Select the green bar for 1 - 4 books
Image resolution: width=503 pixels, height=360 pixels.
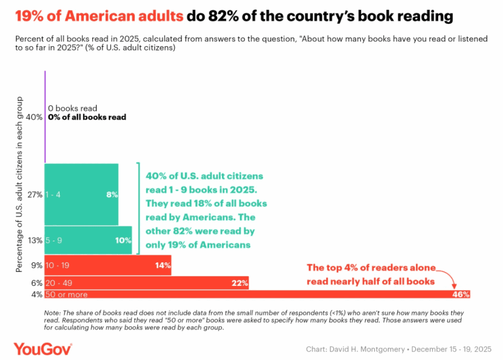coord(81,194)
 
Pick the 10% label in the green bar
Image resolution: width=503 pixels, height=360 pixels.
coord(124,241)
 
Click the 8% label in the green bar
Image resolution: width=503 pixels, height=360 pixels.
coord(112,194)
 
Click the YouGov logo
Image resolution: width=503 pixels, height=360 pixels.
coord(43,349)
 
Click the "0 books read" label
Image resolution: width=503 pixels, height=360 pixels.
coord(73,108)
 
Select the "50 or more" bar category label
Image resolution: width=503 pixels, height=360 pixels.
coord(66,295)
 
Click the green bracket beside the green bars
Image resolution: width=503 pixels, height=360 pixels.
coord(139,208)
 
